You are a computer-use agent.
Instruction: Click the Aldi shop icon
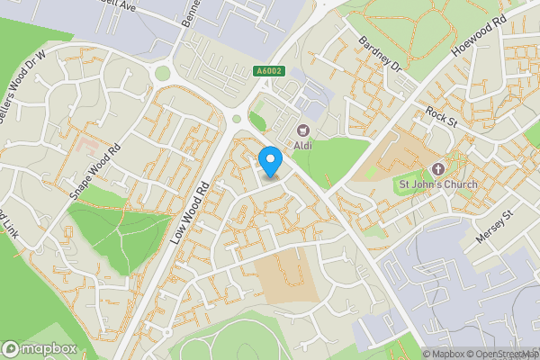click(303, 130)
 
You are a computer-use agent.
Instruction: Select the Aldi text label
click(303, 145)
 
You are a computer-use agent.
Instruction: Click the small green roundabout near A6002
click(237, 118)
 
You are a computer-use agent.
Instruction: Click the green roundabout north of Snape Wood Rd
click(163, 72)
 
